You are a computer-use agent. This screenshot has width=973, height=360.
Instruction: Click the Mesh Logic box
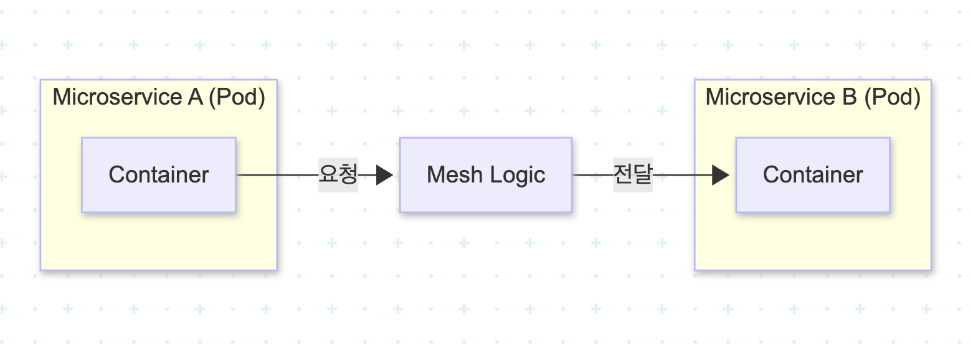pos(485,175)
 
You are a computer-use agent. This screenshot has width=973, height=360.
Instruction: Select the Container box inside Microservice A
pos(158,175)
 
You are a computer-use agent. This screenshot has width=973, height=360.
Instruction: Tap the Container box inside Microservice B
pos(812,175)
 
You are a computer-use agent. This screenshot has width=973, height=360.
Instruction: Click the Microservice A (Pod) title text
pos(159,98)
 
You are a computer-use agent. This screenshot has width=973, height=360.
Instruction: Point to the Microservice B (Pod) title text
pos(813,98)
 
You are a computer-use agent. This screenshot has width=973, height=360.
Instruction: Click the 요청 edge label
pos(338,175)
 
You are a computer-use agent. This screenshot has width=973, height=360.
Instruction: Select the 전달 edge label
pos(632,175)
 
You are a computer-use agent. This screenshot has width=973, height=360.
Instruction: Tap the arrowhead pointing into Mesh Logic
pos(384,176)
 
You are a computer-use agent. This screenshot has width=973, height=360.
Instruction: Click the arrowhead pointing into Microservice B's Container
pos(721,176)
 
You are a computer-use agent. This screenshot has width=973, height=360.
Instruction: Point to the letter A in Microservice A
pos(195,98)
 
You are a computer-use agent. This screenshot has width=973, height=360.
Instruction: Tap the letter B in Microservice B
pos(849,98)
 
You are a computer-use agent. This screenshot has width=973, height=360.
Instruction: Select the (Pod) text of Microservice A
pos(237,98)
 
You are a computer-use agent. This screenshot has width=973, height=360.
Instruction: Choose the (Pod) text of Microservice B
pos(892,98)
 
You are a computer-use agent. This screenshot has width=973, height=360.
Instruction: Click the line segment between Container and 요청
pos(277,176)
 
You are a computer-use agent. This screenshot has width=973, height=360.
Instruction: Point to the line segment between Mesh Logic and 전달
pos(592,176)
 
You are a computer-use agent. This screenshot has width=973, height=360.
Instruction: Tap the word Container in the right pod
pos(812,175)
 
